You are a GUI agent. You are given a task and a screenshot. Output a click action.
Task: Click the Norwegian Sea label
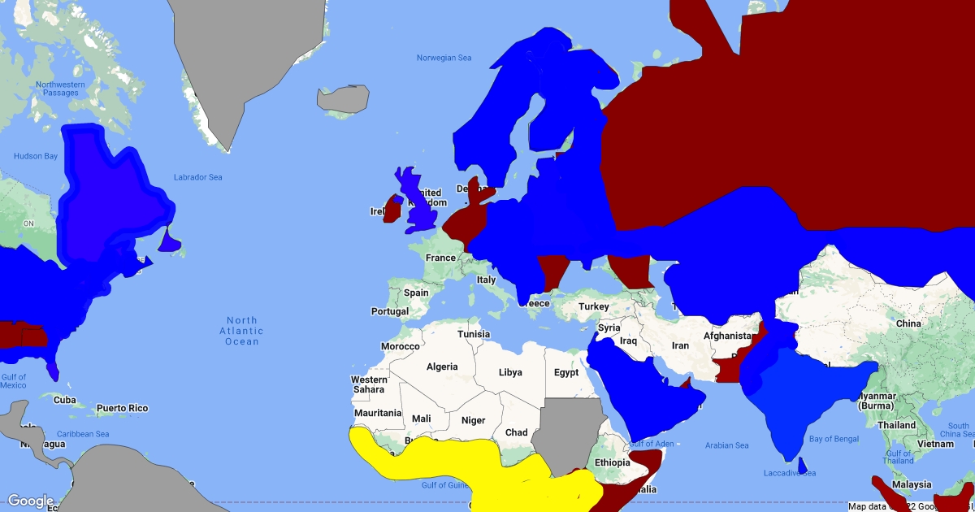click(x=444, y=58)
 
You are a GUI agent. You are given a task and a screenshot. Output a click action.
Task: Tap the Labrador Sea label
click(x=197, y=177)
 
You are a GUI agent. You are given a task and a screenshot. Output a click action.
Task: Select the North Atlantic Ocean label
click(x=241, y=331)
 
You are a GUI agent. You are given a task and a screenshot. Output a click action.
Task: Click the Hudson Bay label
click(x=36, y=156)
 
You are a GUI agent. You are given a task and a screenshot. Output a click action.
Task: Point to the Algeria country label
click(x=442, y=367)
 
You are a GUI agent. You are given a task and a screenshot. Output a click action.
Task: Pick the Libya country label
click(x=510, y=372)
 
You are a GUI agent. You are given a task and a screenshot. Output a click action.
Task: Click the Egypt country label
click(x=566, y=373)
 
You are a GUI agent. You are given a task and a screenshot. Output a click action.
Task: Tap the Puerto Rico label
click(x=123, y=408)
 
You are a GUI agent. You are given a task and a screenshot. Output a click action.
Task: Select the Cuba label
click(x=64, y=400)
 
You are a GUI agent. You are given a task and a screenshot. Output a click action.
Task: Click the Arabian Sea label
click(x=726, y=445)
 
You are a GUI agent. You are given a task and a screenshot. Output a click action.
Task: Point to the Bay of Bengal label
click(x=834, y=439)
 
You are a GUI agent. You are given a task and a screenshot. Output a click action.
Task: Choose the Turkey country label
click(x=593, y=306)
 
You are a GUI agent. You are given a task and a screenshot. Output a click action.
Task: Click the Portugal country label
click(x=390, y=311)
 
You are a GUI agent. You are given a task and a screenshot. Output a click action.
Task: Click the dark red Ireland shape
click(x=392, y=209)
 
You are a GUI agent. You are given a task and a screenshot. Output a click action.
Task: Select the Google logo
click(x=31, y=501)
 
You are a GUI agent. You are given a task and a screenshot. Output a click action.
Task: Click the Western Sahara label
click(x=369, y=384)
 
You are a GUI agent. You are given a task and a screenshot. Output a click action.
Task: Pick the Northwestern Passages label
click(x=60, y=89)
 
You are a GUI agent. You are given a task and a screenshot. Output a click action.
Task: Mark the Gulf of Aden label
click(x=652, y=443)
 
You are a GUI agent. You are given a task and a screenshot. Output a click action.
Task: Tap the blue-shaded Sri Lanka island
click(x=803, y=465)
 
